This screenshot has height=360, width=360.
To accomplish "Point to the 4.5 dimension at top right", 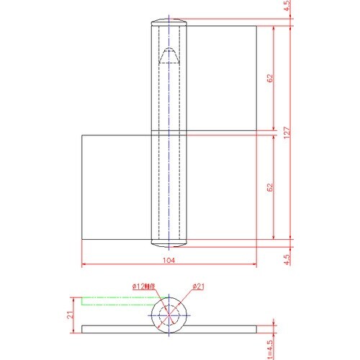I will pos(287,8).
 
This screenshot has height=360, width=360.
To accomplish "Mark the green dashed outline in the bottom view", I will pos(115,300).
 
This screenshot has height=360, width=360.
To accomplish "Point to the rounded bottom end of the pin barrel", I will pos(168,241).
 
